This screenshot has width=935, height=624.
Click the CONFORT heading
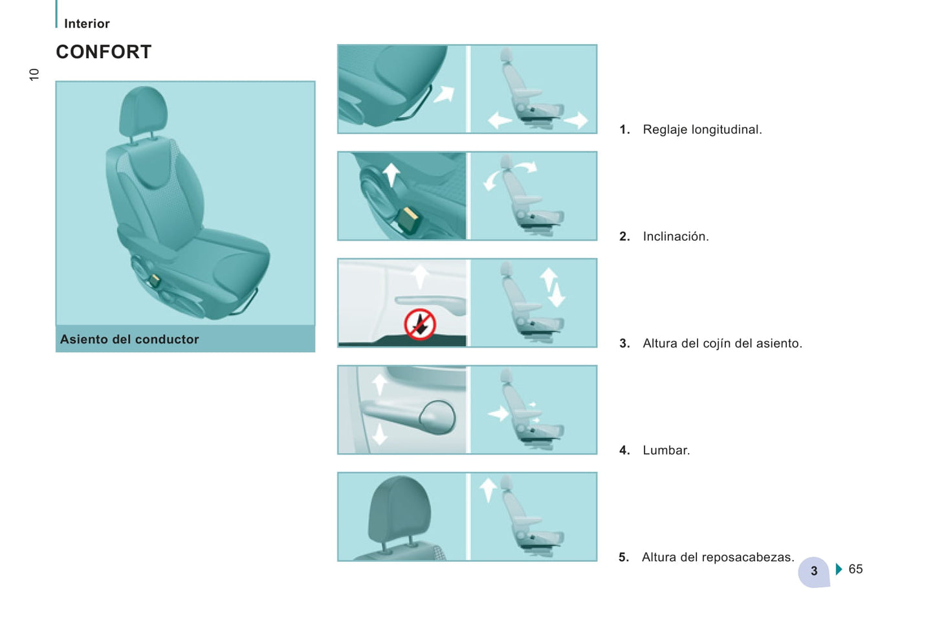(104, 52)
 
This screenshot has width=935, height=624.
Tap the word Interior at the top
(87, 23)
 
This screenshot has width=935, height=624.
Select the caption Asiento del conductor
(129, 339)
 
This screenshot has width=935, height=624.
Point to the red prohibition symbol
(420, 324)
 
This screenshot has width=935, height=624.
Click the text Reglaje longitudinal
(702, 129)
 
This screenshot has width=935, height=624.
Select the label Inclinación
(676, 236)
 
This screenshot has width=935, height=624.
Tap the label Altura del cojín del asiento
(723, 343)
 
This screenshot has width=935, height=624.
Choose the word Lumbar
(666, 451)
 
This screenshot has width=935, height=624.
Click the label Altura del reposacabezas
(718, 557)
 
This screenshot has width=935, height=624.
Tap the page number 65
(855, 569)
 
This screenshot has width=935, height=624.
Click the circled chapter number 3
(813, 572)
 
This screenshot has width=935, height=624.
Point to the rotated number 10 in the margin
(34, 74)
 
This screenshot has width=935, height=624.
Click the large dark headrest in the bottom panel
(399, 510)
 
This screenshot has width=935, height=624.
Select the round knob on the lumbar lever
(437, 417)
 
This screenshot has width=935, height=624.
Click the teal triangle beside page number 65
(839, 569)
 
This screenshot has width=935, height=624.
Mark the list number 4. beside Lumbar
(624, 451)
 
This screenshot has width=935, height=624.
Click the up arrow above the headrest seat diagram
(487, 490)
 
